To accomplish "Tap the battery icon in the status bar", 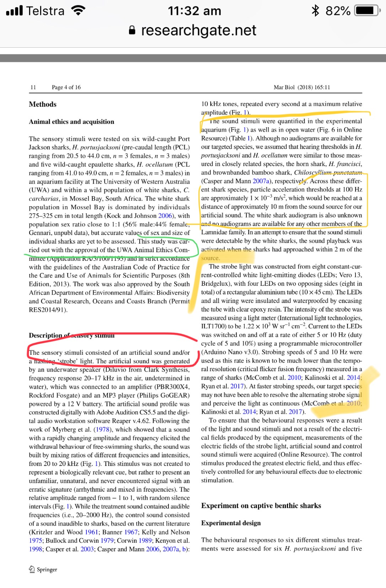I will click(368, 11).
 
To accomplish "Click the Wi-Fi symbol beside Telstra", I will click(78, 11).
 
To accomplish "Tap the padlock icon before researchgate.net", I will click(132, 30).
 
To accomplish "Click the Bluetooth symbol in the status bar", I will click(315, 11).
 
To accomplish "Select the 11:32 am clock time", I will click(194, 11).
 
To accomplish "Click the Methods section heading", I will click(43, 104).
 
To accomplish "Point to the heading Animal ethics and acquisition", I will click(71, 122).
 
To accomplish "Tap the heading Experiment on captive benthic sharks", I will click(261, 506).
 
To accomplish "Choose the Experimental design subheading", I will click(231, 523).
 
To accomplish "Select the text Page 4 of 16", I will click(66, 87).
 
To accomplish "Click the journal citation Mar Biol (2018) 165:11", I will click(302, 87).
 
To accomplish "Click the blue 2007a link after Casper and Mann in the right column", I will click(261, 181).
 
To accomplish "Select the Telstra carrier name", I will click(45, 11).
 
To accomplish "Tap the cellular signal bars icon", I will click(15, 11).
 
